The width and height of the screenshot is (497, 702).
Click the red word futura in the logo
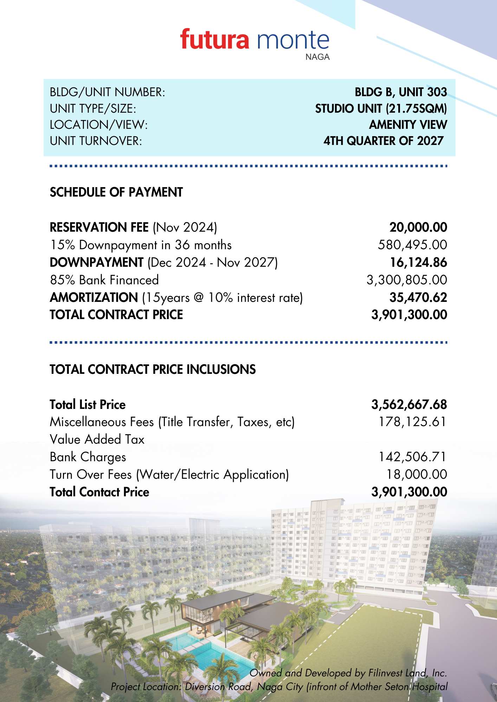tap(215, 40)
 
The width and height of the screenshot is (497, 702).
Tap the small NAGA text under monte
tap(317, 57)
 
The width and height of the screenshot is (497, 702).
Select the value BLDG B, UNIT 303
tap(401, 92)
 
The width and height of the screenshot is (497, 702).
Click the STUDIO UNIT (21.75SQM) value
tap(381, 108)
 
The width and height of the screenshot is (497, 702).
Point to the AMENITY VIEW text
tap(408, 125)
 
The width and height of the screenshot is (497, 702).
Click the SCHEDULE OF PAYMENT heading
tap(116, 192)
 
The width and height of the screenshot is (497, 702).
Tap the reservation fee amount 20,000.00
tap(418, 227)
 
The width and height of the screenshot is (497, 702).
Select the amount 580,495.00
tap(412, 245)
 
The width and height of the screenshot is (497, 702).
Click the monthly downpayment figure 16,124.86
tap(418, 262)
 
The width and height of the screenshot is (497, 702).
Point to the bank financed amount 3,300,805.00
tap(407, 280)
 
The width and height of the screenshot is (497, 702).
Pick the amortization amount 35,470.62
tap(418, 297)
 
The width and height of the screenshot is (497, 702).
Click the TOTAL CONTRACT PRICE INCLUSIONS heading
tap(153, 369)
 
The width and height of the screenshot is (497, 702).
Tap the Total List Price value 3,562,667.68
tap(409, 404)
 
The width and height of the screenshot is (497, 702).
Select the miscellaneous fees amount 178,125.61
tap(412, 422)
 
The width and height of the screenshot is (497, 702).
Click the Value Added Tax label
tap(97, 439)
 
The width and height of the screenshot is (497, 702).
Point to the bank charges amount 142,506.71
tap(412, 457)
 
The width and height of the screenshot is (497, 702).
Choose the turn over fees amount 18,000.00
tap(417, 474)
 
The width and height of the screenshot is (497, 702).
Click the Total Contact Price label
tap(99, 492)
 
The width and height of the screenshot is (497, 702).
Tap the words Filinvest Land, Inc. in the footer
tap(407, 673)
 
